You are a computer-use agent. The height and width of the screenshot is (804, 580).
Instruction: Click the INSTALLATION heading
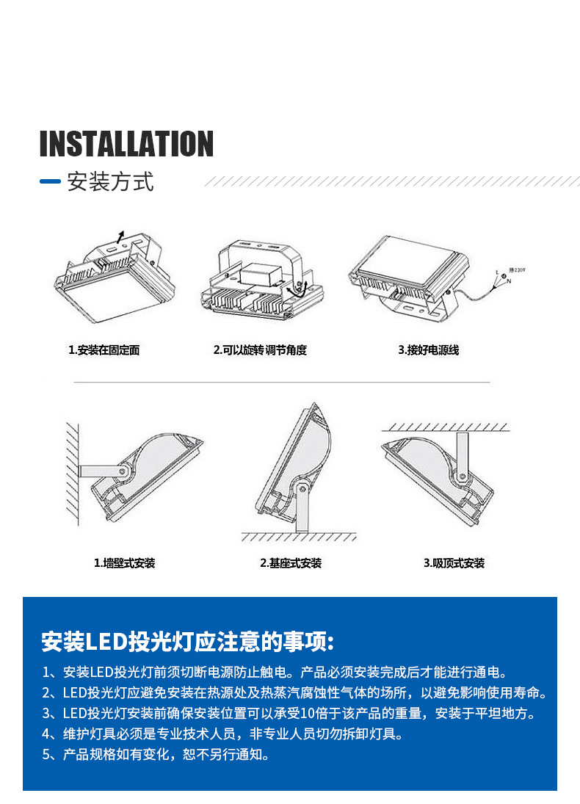(126, 144)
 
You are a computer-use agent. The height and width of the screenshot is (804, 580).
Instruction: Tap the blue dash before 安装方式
(50, 181)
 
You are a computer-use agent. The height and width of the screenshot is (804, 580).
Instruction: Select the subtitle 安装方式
(110, 181)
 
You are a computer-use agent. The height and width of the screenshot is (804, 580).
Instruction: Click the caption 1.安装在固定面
(104, 350)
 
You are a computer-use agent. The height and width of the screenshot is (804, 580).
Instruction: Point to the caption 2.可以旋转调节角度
(260, 350)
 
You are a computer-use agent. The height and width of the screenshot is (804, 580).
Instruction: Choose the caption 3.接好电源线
(428, 350)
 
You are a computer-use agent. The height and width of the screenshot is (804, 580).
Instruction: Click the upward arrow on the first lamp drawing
(120, 235)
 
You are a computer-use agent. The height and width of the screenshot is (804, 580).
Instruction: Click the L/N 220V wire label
(506, 275)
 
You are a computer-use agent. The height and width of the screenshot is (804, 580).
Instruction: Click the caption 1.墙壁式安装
(124, 563)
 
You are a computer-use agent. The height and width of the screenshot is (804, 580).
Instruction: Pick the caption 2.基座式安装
(291, 563)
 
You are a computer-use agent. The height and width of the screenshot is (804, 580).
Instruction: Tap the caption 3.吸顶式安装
(454, 563)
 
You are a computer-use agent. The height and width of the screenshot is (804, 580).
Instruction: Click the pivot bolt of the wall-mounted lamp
(126, 469)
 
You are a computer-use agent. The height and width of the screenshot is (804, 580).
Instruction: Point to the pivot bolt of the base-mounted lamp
(302, 488)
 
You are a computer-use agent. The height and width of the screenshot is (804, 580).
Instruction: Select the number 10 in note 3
(306, 713)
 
